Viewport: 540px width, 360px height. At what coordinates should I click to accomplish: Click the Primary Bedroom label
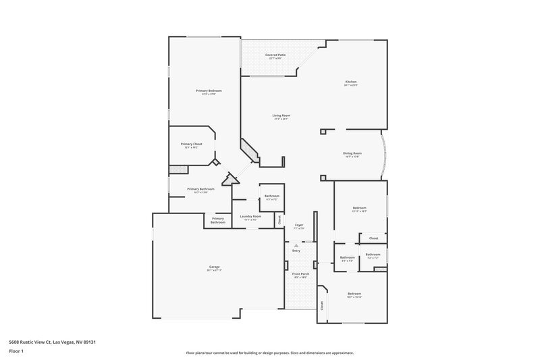pyautogui.click(x=209, y=91)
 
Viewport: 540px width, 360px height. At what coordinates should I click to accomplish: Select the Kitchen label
pyautogui.click(x=350, y=82)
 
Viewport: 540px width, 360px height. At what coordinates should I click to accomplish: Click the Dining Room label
pyautogui.click(x=352, y=153)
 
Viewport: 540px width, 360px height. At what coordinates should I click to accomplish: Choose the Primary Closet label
pyautogui.click(x=191, y=144)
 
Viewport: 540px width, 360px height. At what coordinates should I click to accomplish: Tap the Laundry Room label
pyautogui.click(x=250, y=216)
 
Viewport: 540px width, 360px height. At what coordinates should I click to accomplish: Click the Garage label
pyautogui.click(x=215, y=268)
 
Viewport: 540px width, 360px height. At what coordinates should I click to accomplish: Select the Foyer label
pyautogui.click(x=298, y=224)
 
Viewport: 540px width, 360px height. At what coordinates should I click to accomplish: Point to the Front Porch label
pyautogui.click(x=300, y=273)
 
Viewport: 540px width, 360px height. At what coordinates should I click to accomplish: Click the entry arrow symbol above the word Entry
pyautogui.click(x=296, y=245)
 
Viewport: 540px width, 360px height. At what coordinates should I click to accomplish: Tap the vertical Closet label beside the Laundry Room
pyautogui.click(x=280, y=219)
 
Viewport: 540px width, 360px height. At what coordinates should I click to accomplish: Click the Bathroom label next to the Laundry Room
pyautogui.click(x=272, y=196)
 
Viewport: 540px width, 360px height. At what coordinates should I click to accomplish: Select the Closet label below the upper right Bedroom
pyautogui.click(x=373, y=238)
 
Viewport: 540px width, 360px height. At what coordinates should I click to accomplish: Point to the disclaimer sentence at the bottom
pyautogui.click(x=269, y=353)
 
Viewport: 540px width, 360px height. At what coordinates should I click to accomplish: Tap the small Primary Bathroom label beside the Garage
pyautogui.click(x=217, y=220)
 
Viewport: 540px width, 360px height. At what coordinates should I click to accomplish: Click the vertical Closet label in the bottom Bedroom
pyautogui.click(x=322, y=305)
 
